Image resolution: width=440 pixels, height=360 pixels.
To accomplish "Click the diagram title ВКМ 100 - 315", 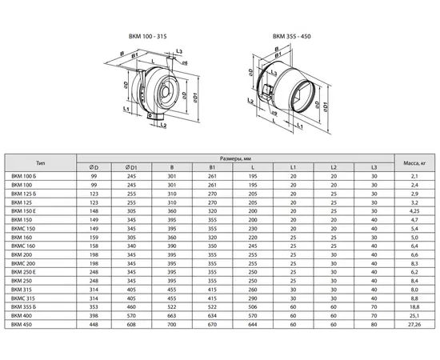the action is point(148,36).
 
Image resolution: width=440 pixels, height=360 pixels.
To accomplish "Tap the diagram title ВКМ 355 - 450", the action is point(291,36).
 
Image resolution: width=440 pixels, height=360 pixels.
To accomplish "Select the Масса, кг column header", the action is point(414,162).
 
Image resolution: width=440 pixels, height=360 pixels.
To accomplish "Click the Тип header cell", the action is point(41,162).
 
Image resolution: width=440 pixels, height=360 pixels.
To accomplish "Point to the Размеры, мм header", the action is point(235,158).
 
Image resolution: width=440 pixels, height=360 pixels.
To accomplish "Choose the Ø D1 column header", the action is point(131,167).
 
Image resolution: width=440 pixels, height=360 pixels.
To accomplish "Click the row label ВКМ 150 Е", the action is point(23,211).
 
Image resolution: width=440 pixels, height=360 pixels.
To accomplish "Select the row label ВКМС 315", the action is point(23,298).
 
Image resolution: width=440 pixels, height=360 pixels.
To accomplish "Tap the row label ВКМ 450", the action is point(22,324).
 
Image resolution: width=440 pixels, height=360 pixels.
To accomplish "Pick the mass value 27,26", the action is point(414,324).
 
